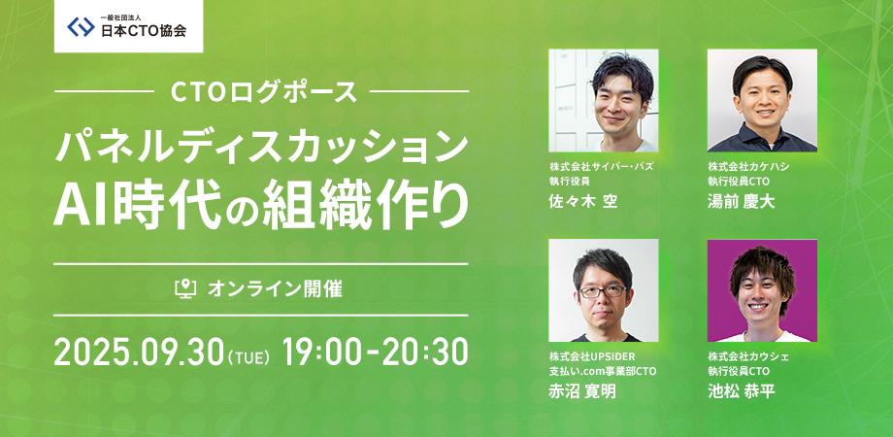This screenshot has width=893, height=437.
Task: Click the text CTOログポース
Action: click(x=263, y=94)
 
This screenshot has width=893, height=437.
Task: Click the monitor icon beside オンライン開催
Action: click(x=184, y=288)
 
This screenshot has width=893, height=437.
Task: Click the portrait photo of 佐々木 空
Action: click(x=604, y=100)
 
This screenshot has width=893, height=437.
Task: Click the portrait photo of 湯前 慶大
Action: click(x=762, y=100)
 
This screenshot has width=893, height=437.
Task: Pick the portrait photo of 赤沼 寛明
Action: click(x=604, y=290)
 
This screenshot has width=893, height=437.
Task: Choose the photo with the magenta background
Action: click(x=762, y=290)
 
